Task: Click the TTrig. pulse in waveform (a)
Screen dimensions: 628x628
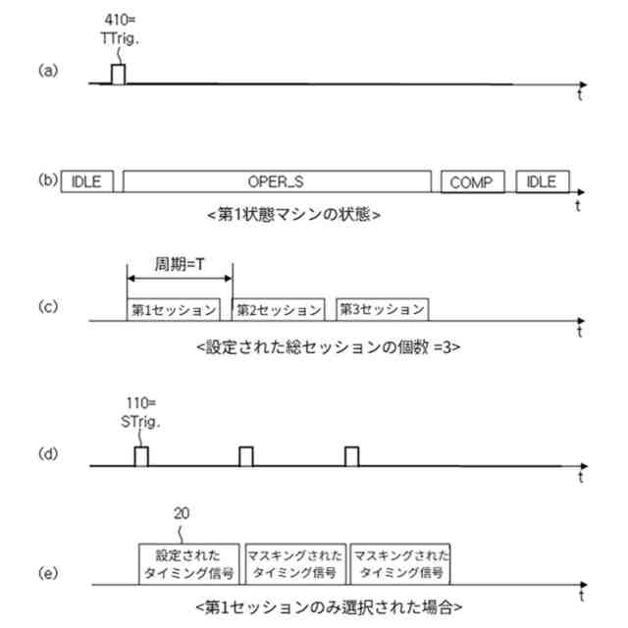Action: click(118, 75)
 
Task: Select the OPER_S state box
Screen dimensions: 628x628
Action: click(278, 182)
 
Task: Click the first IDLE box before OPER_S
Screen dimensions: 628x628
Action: click(88, 182)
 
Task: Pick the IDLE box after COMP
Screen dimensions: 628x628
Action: click(542, 182)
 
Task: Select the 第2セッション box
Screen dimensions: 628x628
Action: click(279, 309)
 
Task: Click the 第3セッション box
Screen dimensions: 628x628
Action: click(382, 309)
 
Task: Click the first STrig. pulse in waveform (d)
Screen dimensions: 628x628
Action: click(141, 456)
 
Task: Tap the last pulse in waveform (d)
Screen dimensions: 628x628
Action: click(351, 456)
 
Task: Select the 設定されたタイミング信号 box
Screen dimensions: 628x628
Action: click(190, 561)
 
